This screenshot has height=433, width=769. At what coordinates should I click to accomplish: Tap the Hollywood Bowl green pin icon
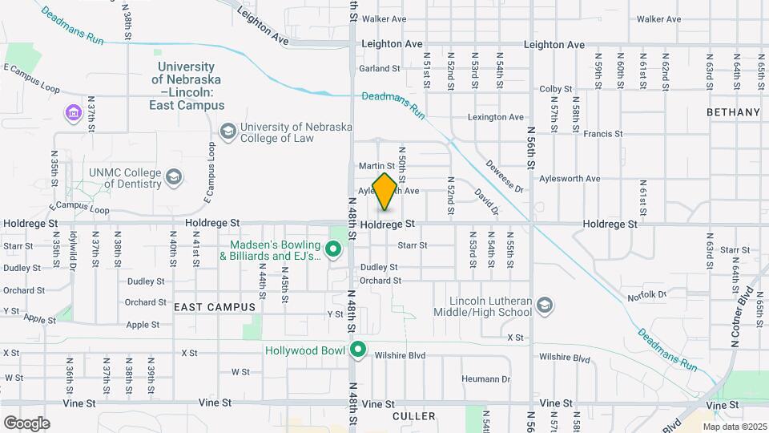pos(358,350)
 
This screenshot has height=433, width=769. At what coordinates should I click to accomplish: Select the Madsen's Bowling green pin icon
pos(334,250)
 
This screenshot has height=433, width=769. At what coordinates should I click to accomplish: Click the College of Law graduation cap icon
pos(228,132)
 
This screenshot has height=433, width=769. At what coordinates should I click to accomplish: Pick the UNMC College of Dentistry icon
pos(174,176)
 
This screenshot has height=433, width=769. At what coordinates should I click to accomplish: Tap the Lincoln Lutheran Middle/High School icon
pos(545,305)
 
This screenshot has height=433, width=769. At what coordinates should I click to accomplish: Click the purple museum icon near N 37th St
pos(74,113)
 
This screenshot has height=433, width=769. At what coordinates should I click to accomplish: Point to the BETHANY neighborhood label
pos(733,112)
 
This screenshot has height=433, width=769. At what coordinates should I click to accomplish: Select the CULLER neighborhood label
pos(414,416)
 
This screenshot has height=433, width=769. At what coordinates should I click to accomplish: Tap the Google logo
pos(26,423)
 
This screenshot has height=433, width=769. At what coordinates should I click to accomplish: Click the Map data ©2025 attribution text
pos(734,427)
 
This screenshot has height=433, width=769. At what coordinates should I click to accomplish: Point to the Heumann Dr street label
pos(485,378)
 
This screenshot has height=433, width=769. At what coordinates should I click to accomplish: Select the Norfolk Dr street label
pos(646,295)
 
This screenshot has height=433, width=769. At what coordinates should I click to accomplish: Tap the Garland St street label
pos(379,69)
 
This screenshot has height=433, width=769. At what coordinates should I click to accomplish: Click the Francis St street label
pos(603,134)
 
